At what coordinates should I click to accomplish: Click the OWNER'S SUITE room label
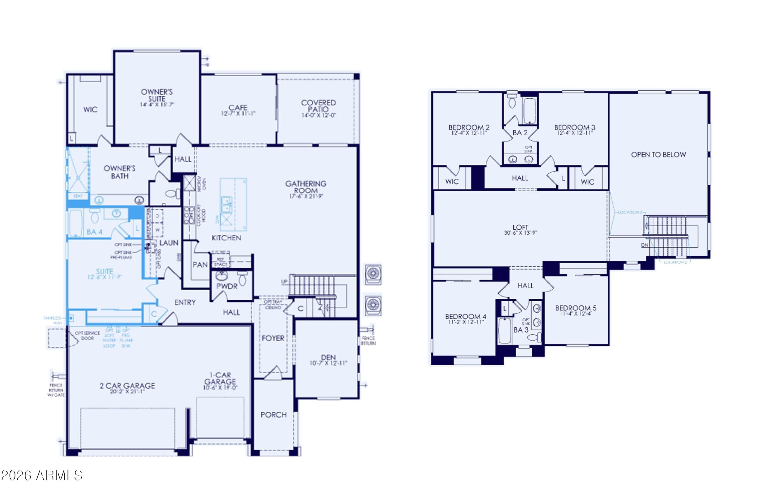(x=157, y=95)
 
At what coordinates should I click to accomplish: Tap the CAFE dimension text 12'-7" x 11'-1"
(x=238, y=114)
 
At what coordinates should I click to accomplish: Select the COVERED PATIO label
(x=318, y=106)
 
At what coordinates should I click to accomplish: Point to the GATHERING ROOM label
(x=306, y=187)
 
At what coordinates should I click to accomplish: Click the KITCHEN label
(x=226, y=238)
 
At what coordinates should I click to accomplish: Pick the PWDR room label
(x=227, y=286)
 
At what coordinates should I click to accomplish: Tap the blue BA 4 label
(x=95, y=232)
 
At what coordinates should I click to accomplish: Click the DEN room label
(x=328, y=357)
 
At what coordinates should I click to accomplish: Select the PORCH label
(x=274, y=415)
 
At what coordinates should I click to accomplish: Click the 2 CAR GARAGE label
(x=127, y=385)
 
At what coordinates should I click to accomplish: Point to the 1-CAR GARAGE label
(x=220, y=378)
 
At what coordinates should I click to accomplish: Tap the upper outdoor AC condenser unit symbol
(x=373, y=275)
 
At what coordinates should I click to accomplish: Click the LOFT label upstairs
(x=520, y=227)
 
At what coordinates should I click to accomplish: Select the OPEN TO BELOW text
(x=658, y=155)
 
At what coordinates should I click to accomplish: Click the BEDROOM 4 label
(x=465, y=316)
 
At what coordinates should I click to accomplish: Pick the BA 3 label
(x=521, y=330)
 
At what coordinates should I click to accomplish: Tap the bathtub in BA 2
(x=530, y=111)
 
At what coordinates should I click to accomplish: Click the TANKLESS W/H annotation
(x=52, y=320)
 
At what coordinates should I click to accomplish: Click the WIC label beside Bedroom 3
(x=587, y=182)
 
